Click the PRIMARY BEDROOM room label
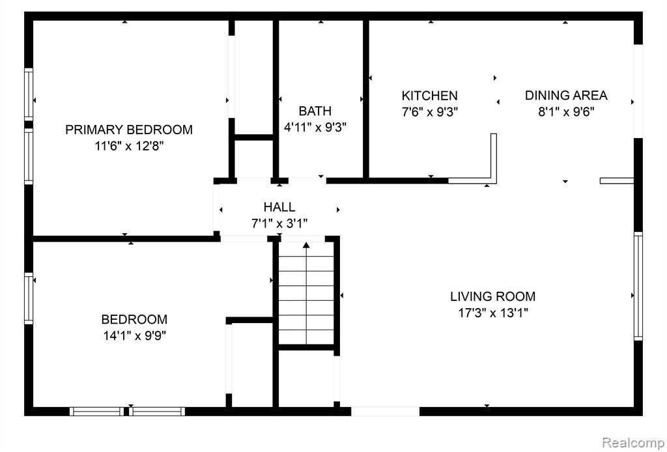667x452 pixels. click(x=129, y=129)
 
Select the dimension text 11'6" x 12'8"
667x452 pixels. click(x=130, y=147)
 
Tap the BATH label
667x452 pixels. click(x=315, y=111)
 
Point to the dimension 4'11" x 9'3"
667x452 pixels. click(x=315, y=128)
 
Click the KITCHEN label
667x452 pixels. click(x=430, y=95)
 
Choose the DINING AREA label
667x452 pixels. click(x=566, y=95)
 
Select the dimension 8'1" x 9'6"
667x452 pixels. click(x=566, y=112)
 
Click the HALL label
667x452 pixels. click(x=279, y=207)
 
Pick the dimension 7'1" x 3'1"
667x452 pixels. click(x=279, y=223)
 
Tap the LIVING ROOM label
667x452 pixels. click(x=493, y=296)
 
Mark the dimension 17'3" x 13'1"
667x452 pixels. click(x=493, y=313)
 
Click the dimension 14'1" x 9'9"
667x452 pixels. click(x=134, y=336)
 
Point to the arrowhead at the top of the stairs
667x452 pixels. click(x=306, y=244)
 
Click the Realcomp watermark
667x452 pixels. click(x=633, y=442)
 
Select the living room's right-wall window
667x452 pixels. click(x=638, y=286)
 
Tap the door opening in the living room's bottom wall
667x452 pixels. click(x=385, y=411)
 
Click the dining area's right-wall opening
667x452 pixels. click(x=638, y=91)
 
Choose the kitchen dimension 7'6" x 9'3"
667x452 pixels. click(x=430, y=112)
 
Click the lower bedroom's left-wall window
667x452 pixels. click(x=29, y=298)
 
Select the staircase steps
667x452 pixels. click(x=306, y=293)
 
